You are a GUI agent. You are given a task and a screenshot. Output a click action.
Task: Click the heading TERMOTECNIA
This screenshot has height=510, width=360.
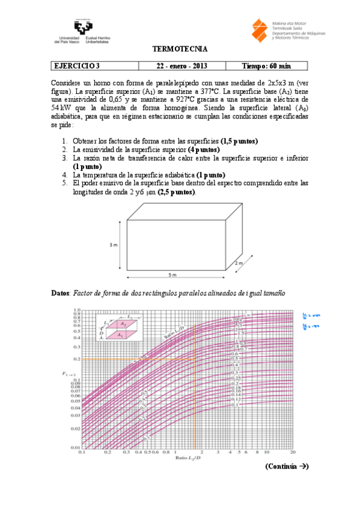click(x=180, y=48)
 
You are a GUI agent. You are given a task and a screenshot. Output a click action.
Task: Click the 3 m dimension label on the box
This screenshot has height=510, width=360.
click(x=113, y=245)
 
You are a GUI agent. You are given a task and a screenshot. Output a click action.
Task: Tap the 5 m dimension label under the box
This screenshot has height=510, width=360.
click(x=172, y=275)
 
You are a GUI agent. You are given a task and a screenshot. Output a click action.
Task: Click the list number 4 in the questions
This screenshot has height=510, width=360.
click(x=65, y=175)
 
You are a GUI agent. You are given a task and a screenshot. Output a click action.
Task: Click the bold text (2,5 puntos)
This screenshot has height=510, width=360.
click(x=176, y=192)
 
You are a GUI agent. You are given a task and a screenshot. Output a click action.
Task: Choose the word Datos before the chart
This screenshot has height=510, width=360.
click(x=61, y=293)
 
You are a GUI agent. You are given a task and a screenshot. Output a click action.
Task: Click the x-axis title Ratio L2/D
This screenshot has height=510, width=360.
click(x=186, y=458)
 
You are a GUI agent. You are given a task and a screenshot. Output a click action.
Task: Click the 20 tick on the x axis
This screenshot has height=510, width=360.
click(x=293, y=452)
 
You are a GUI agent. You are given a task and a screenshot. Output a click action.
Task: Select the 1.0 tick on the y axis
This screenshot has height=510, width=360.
click(x=76, y=309)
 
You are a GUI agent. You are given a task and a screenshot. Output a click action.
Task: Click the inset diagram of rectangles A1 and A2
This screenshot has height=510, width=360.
click(x=119, y=327)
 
